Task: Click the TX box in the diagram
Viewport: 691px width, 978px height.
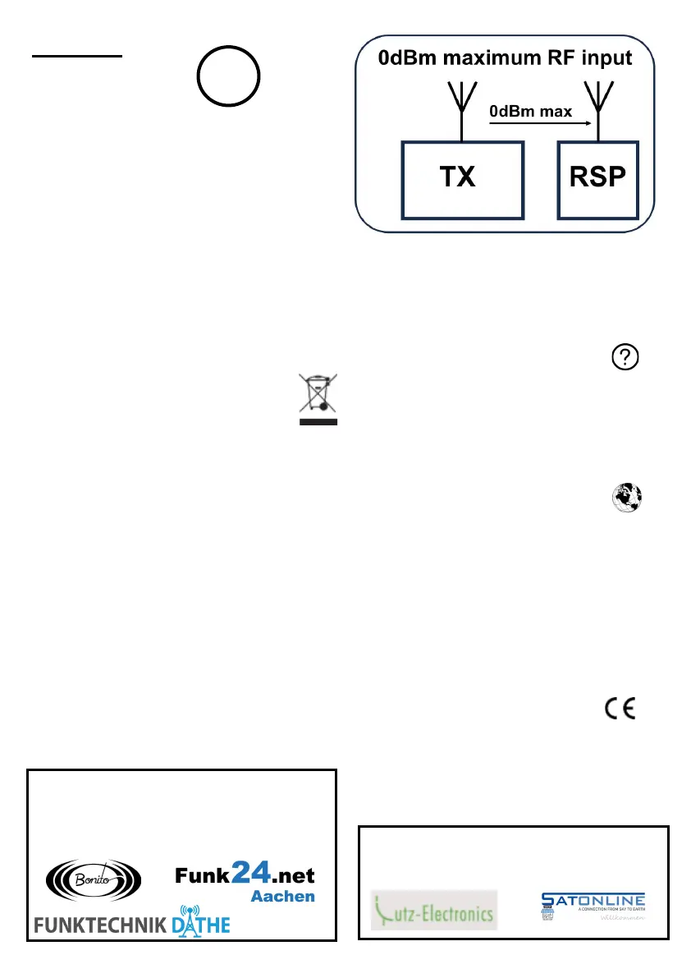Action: pyautogui.click(x=461, y=179)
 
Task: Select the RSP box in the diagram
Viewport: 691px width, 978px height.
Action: pyautogui.click(x=598, y=179)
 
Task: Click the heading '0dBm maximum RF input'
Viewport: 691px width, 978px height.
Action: pyautogui.click(x=505, y=59)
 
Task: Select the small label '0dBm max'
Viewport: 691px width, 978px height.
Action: pyautogui.click(x=529, y=110)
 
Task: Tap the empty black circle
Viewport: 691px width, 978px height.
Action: pyautogui.click(x=228, y=76)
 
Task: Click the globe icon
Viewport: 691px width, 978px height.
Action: pyautogui.click(x=626, y=497)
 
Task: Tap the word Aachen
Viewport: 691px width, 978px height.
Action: pyautogui.click(x=282, y=897)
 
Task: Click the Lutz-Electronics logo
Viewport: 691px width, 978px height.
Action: pyautogui.click(x=433, y=910)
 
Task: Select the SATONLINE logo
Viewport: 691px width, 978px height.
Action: pyautogui.click(x=593, y=905)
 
